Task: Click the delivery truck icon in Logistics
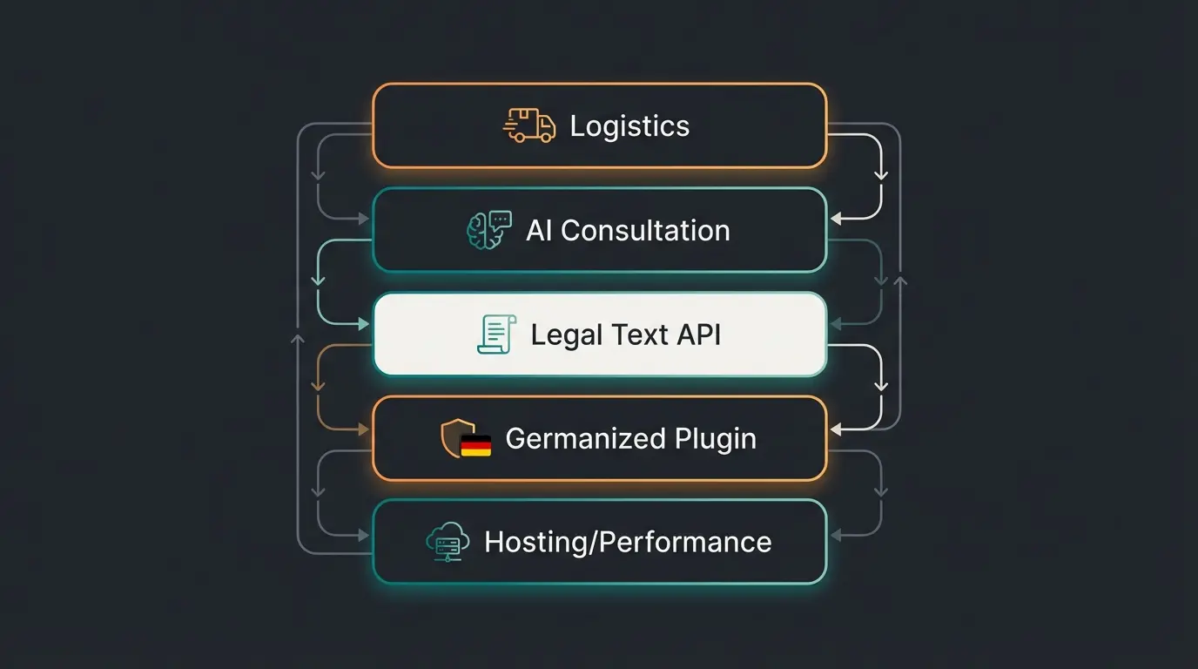tap(529, 125)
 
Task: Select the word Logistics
tap(629, 126)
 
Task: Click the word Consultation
tap(645, 231)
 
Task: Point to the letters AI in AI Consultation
tap(538, 231)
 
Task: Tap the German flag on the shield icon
tap(474, 444)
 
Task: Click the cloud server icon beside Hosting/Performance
tap(448, 541)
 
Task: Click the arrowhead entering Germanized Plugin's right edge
tap(836, 429)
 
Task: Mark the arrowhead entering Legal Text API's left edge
tap(364, 324)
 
